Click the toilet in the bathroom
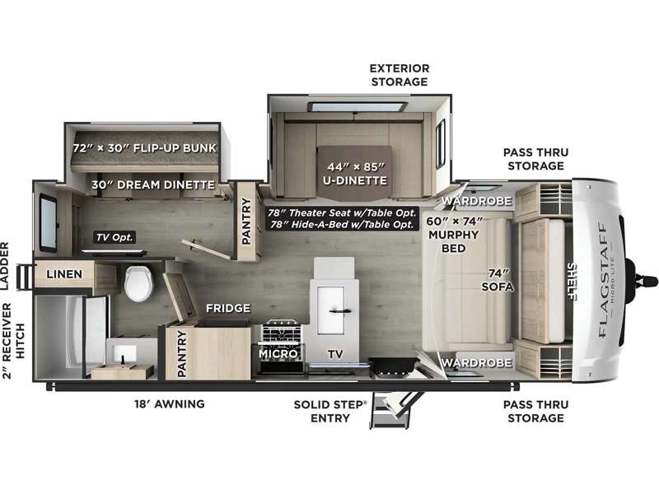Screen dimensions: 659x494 click(x=138, y=282)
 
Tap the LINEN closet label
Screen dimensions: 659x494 click(x=64, y=274)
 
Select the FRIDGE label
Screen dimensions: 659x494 click(x=228, y=308)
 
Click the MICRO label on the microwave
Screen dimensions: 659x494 click(x=278, y=354)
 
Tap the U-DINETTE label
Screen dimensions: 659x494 click(x=355, y=180)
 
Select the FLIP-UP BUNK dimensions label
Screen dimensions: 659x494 click(x=144, y=148)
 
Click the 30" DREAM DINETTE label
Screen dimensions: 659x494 click(x=153, y=184)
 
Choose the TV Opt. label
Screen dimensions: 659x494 click(x=115, y=237)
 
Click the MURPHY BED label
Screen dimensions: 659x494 click(x=454, y=241)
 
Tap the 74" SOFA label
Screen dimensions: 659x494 click(x=498, y=280)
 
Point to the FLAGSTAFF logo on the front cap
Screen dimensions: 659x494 click(x=604, y=280)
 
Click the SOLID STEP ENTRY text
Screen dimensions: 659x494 click(x=330, y=411)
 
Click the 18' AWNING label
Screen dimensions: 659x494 click(x=170, y=404)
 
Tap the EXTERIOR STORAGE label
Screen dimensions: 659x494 click(x=400, y=75)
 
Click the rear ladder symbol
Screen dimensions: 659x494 click(x=25, y=277)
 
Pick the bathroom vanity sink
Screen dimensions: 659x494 click(x=124, y=354)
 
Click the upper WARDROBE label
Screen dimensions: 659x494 click(x=477, y=201)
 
